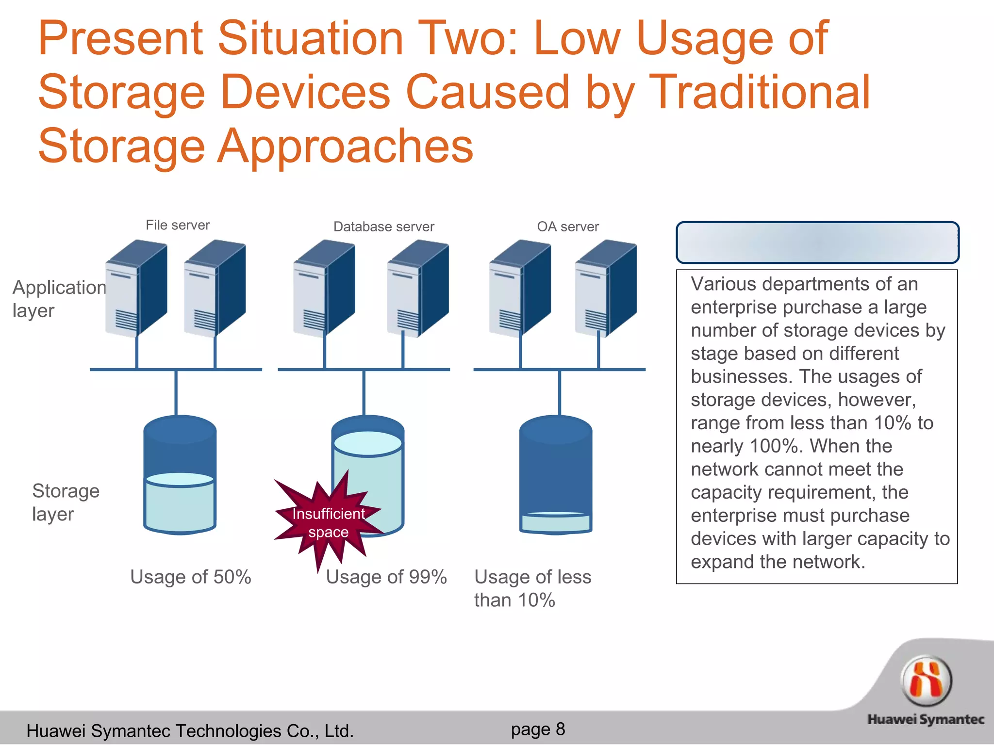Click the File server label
point(178,225)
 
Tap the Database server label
point(383,227)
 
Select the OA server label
point(568,227)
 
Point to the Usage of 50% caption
point(191,577)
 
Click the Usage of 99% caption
point(386,577)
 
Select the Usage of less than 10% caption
point(532,588)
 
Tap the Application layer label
point(58,299)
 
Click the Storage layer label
point(66,502)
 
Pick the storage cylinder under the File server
point(180,475)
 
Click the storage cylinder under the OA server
point(556,475)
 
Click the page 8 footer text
point(538,729)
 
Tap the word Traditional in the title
point(759,92)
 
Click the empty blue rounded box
point(817,243)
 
